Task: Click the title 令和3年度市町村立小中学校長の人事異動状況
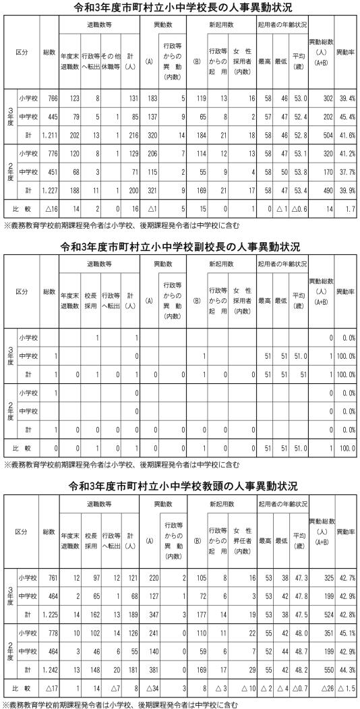180,7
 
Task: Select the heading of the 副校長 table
180,248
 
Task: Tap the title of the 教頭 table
180,485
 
